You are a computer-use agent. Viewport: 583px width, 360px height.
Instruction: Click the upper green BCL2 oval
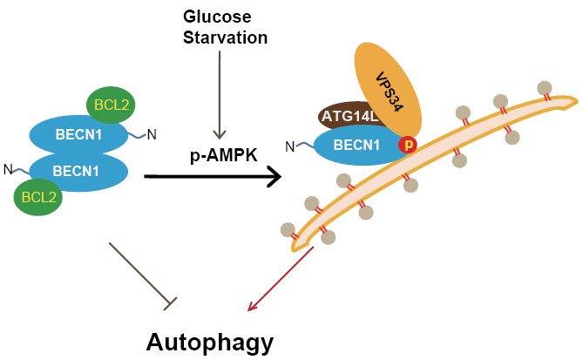111,107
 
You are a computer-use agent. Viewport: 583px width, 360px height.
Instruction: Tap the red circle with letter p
406,145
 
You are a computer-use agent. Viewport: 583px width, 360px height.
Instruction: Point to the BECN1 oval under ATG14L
347,146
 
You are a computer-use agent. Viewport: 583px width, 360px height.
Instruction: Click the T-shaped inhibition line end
170,302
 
